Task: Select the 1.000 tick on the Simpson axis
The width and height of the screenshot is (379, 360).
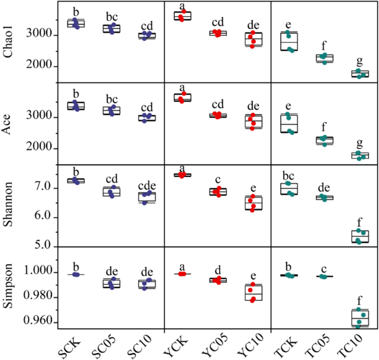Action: point(38,273)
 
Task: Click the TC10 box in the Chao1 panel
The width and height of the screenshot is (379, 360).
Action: point(360,74)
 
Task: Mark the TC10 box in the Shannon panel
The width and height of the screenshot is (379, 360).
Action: point(360,236)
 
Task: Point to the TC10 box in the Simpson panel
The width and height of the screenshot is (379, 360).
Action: point(360,317)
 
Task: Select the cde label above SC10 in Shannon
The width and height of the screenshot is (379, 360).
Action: point(147,185)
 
